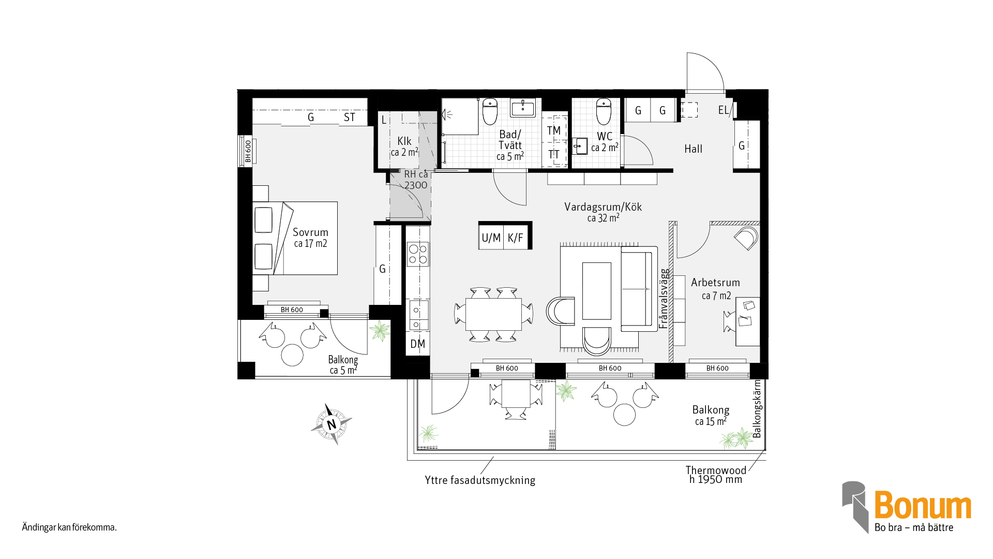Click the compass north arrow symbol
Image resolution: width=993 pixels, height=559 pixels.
pos(331,424)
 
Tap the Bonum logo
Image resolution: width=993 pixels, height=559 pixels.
pos(907,507)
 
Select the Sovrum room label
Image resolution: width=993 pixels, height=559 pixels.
pos(310,232)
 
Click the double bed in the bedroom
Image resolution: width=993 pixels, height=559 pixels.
pos(295,238)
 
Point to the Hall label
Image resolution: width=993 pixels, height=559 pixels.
pos(693,149)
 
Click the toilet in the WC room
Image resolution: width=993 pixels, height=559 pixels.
pos(604,111)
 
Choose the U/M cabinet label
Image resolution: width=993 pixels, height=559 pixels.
pos(491,238)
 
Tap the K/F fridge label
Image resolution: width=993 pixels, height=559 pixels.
pos(516,238)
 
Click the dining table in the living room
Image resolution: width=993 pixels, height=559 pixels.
pos(493,314)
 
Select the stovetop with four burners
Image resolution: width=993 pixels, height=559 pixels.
pos(418,254)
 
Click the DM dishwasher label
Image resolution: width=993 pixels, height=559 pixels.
pos(417,344)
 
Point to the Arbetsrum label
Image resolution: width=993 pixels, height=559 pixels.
pos(715,283)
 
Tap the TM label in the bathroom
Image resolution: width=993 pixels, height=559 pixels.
pos(553,130)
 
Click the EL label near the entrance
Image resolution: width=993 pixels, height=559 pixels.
pos(723,110)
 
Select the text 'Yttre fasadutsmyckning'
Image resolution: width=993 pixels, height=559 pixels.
pos(480,480)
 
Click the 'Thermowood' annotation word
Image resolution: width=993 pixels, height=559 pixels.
pos(716,470)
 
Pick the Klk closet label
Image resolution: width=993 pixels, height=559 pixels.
pos(404,141)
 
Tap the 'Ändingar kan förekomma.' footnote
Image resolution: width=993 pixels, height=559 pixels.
pos(69,527)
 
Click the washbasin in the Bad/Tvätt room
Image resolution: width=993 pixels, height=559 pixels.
pos(523,108)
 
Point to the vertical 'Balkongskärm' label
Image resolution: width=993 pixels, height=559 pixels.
pos(757,409)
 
